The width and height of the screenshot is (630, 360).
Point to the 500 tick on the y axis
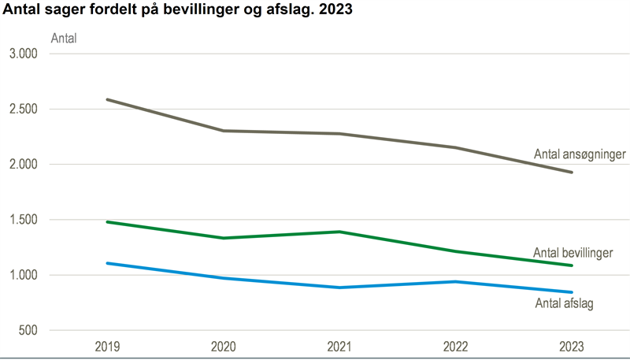pos(28,331)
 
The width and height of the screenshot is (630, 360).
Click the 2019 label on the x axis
pos(107,347)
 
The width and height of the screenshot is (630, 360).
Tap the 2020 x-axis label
pos(224,347)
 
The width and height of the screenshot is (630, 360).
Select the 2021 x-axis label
pos(339,347)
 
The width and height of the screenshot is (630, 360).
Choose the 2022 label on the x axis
pos(456,347)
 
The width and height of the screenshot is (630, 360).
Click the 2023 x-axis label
pos(572,347)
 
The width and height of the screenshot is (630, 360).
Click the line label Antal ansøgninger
pos(579,154)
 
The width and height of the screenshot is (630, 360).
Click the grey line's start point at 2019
pos(107,99)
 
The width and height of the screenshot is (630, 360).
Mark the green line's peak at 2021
pos(339,232)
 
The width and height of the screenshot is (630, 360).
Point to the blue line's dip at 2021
pos(339,288)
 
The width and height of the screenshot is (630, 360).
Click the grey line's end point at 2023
pos(572,172)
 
